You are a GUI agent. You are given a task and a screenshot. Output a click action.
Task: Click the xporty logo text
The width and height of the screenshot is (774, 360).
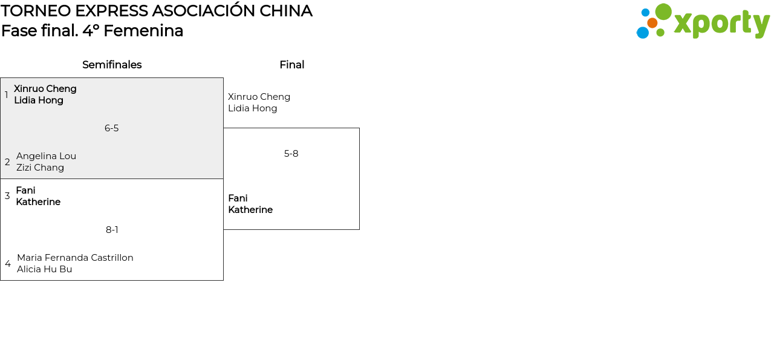click(721, 24)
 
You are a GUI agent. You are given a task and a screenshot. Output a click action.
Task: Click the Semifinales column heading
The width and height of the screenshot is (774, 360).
click(112, 65)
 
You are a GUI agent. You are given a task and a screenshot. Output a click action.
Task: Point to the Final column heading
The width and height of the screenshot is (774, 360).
click(291, 65)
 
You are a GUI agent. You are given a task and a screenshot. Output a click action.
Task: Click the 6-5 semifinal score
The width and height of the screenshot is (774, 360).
click(111, 128)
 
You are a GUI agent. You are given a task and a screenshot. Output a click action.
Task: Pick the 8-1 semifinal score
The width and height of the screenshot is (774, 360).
click(112, 230)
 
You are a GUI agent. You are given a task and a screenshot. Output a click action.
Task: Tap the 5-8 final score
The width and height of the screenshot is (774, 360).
click(291, 154)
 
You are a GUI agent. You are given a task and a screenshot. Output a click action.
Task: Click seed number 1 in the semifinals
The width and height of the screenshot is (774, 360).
click(7, 95)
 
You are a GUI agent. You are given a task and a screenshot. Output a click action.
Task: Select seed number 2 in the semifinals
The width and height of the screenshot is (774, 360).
click(7, 162)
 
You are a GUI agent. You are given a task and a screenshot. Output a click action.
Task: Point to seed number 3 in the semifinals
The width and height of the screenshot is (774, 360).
click(7, 196)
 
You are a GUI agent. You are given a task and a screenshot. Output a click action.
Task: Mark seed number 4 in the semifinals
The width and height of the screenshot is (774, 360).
click(8, 264)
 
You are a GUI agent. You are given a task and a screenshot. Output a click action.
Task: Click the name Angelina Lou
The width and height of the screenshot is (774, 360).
click(46, 156)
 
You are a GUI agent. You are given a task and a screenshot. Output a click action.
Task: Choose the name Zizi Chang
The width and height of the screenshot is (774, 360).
click(40, 168)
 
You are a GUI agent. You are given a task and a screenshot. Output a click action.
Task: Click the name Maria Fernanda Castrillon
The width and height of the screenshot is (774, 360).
click(75, 258)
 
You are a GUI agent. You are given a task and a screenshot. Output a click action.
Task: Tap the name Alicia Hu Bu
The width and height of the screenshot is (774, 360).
click(44, 269)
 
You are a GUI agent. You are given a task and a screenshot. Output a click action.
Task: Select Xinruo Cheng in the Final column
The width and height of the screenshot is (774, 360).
click(259, 97)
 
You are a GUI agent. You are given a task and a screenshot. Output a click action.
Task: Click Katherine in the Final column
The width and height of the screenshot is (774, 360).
click(250, 210)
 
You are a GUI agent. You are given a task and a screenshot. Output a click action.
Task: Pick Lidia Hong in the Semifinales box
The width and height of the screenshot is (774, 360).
click(39, 100)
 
